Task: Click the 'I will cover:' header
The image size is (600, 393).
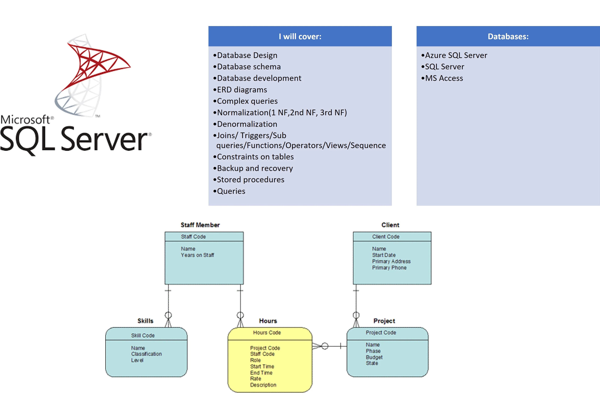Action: point(300,37)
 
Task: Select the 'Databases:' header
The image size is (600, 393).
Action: point(508,37)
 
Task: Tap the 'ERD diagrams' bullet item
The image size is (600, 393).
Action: point(242,90)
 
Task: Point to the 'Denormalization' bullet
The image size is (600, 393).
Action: point(247,124)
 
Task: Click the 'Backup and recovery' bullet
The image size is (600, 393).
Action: point(255,168)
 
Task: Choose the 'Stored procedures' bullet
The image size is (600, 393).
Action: point(250,179)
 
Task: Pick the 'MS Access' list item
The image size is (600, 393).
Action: point(444,78)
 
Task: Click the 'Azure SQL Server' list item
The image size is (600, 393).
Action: point(456,55)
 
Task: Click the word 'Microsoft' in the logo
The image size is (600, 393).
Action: point(25,120)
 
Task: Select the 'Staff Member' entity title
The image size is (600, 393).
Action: point(200,225)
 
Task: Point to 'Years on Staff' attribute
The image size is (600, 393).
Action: point(197,255)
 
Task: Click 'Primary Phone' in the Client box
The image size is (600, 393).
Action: point(389,268)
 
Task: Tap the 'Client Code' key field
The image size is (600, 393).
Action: point(386,237)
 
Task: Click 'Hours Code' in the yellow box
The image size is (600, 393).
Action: point(267,333)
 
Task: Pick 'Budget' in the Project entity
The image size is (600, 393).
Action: point(374,357)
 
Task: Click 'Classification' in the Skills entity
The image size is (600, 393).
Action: point(146,354)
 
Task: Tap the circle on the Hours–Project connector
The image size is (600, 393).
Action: point(325,346)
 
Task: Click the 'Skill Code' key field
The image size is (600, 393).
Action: point(143,336)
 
